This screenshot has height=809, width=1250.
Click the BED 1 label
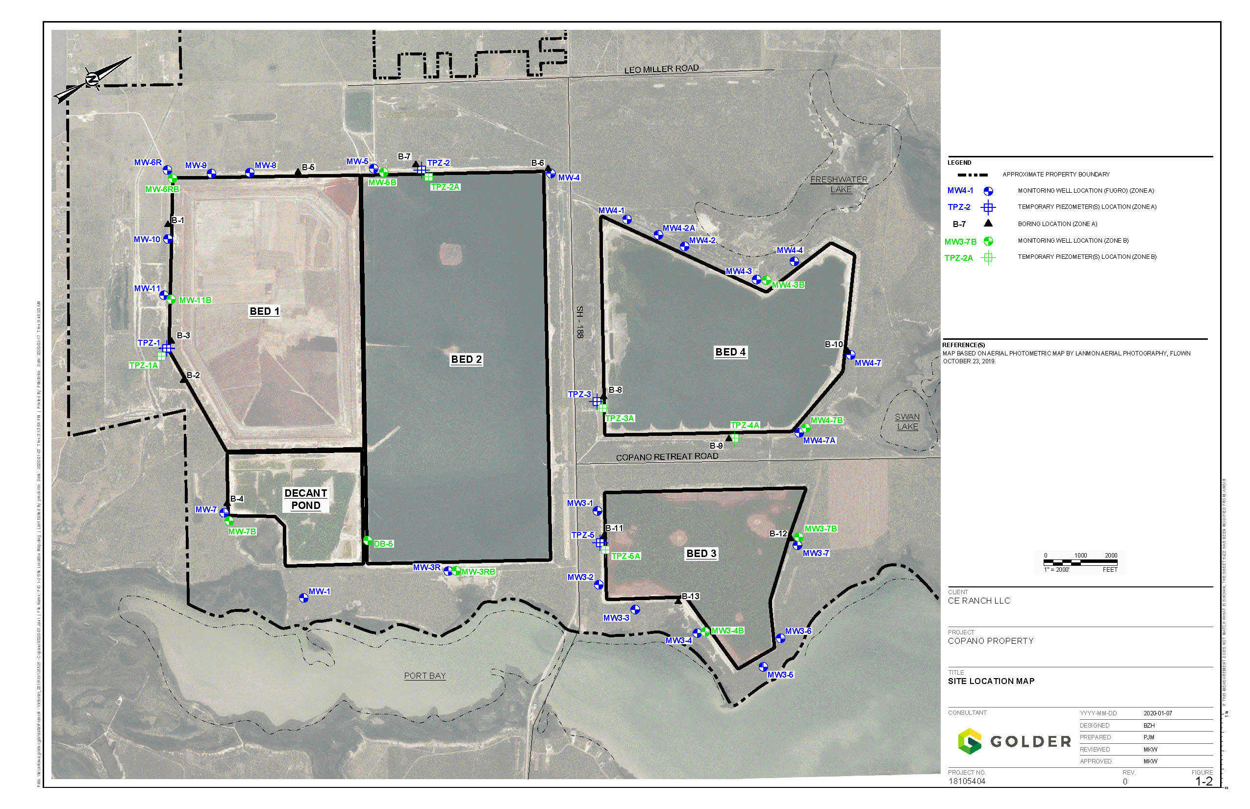click(264, 311)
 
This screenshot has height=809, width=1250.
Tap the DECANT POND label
click(306, 500)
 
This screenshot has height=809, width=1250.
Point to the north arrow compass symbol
click(93, 80)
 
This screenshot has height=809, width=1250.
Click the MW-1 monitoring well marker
click(303, 598)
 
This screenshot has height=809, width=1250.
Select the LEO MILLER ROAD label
click(661, 69)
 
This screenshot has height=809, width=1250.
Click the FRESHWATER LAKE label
click(839, 184)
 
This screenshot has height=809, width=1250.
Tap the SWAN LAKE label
click(907, 422)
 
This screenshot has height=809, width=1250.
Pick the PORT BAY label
click(425, 676)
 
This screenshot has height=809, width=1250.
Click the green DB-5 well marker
click(368, 540)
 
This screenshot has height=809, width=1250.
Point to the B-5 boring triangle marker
click(298, 172)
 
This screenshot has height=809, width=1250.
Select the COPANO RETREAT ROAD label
click(667, 457)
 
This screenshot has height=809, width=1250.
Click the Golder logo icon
click(970, 741)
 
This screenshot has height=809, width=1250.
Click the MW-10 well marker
click(168, 239)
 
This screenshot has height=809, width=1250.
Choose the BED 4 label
click(730, 352)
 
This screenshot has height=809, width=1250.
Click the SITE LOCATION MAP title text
click(991, 682)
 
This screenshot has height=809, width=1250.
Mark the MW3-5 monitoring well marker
click(763, 667)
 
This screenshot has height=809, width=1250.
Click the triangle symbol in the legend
click(988, 223)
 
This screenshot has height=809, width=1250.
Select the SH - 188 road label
click(580, 322)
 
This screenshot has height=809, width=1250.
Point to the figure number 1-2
click(1204, 782)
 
